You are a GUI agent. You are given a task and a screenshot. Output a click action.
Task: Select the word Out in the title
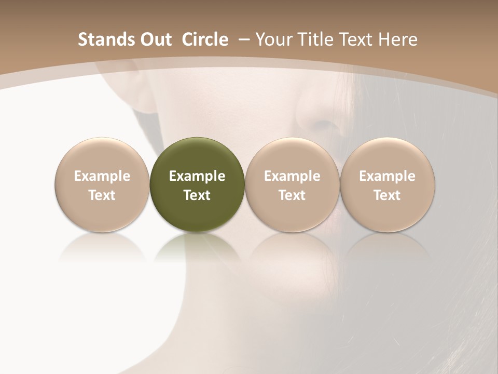pos(154,39)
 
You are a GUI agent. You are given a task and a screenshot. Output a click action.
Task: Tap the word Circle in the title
pos(205,39)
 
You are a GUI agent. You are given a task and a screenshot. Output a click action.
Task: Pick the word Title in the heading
pos(314,39)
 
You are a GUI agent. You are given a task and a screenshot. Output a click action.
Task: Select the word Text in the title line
pos(357,39)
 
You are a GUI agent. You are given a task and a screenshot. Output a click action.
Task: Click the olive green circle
pos(197,156)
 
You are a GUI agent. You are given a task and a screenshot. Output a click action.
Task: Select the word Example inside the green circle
pos(197,176)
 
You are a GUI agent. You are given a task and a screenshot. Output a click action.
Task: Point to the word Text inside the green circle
pos(197,195)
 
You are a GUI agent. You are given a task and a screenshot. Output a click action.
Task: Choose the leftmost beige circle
pos(102,156)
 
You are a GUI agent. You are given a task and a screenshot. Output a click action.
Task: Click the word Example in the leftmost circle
pos(102,176)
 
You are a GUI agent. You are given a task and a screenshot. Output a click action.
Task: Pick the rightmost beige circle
pos(388,156)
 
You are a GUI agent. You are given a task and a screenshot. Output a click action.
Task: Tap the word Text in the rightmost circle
pos(388,195)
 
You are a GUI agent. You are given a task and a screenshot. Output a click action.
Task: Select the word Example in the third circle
pos(292,176)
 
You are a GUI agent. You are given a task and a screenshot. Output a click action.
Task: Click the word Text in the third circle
pos(292,195)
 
